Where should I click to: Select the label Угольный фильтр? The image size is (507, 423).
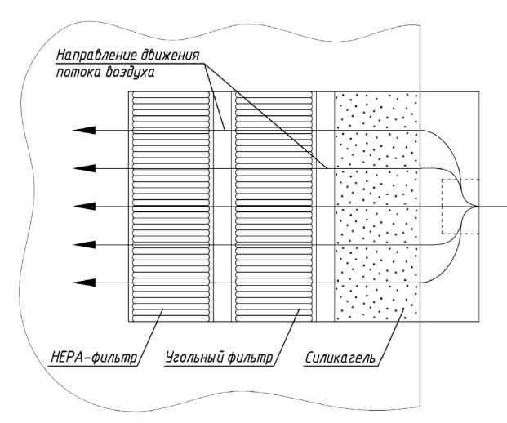(216, 357)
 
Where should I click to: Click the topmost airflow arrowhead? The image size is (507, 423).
(82, 130)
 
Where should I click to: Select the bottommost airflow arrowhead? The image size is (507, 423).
(82, 283)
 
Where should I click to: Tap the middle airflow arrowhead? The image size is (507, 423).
(82, 206)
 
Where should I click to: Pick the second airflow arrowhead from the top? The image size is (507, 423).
(82, 168)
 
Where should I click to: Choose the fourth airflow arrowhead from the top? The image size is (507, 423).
(82, 243)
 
